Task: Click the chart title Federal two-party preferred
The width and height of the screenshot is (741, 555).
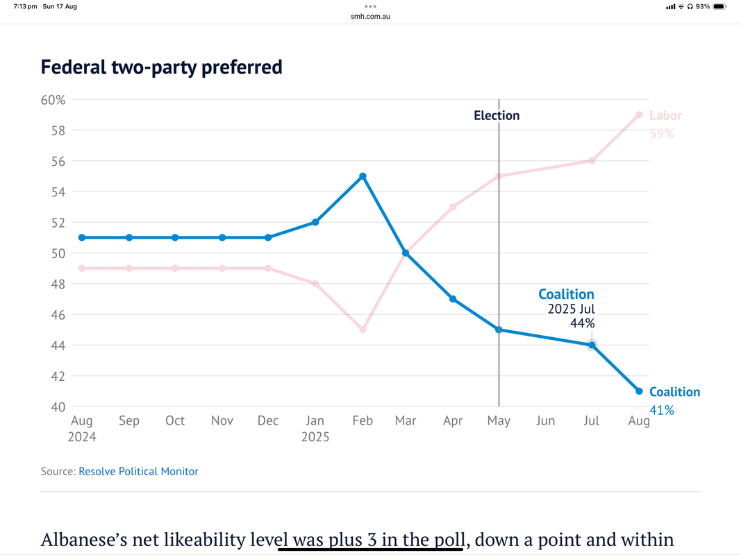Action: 161,67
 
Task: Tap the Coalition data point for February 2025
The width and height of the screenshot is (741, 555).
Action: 363,176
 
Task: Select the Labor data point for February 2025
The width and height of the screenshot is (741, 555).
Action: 363,330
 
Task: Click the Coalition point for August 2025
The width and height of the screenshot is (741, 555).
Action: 639,391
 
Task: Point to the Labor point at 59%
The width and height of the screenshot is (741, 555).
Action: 639,115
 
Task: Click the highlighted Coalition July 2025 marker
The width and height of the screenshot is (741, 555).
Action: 592,345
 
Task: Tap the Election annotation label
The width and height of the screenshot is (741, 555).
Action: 497,116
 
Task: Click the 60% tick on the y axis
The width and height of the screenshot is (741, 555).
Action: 53,100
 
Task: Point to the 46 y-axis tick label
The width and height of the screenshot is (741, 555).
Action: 59,314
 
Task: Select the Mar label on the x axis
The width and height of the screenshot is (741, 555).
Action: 406,421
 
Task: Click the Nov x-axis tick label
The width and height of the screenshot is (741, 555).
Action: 222,421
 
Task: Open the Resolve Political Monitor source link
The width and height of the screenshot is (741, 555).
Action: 138,472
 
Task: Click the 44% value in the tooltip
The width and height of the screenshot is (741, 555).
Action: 583,323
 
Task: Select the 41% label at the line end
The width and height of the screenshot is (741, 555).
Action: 661,410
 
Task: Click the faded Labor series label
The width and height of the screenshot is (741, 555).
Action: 665,116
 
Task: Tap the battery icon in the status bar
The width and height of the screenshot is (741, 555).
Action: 720,6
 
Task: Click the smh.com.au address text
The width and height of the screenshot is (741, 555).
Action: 370,15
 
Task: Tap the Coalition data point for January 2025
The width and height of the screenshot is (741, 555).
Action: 315,222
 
